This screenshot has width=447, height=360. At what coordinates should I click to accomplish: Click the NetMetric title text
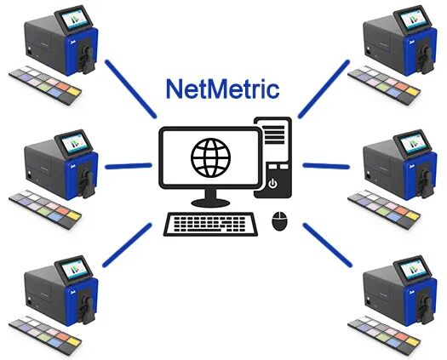[x=222, y=89]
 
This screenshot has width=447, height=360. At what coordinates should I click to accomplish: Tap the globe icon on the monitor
[x=211, y=157]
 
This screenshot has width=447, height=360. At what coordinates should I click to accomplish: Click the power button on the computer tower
[x=272, y=183]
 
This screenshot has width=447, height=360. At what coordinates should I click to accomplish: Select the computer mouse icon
[x=279, y=221]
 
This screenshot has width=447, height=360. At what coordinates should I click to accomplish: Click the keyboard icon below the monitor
[x=210, y=225]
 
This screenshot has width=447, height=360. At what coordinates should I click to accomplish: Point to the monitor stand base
[x=210, y=203]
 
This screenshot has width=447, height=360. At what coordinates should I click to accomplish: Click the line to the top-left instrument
[x=131, y=89]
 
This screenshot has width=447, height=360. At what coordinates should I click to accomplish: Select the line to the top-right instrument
[x=324, y=89]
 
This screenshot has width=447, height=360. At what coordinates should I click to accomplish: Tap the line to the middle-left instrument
[x=129, y=166]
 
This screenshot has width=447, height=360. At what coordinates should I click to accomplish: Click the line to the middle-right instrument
[x=326, y=166]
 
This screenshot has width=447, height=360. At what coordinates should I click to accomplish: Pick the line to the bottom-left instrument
[x=127, y=245]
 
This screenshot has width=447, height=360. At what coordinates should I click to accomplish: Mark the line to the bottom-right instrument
[x=327, y=245]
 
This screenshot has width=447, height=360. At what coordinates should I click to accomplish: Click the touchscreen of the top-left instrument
[x=75, y=19]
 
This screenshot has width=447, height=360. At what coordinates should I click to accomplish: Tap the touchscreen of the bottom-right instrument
[x=413, y=269]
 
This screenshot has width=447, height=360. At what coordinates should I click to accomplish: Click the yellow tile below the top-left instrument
[x=74, y=92]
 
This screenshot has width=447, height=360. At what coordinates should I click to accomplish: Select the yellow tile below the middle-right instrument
[x=412, y=215]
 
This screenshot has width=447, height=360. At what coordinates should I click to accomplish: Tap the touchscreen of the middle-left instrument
[x=75, y=143]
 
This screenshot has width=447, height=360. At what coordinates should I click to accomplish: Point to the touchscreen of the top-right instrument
[x=413, y=19]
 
